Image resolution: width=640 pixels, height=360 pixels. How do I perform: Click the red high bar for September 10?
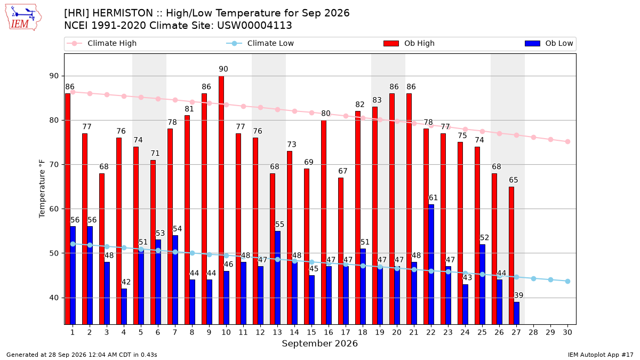point(221,201)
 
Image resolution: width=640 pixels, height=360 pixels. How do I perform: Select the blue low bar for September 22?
point(431,265)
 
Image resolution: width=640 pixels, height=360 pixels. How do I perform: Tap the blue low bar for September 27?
point(517,313)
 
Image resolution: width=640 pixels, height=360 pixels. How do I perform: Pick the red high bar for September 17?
point(341,251)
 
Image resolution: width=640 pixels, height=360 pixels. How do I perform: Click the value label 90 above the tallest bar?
point(223,69)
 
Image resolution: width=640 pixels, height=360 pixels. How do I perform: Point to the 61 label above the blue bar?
point(433,197)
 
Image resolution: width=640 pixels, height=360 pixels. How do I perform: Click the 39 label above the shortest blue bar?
point(518,295)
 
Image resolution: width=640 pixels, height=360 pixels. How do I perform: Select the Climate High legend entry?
point(102,43)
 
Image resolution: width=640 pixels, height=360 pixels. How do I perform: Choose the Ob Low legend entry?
point(549,43)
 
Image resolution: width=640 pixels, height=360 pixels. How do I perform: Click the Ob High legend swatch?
point(391,43)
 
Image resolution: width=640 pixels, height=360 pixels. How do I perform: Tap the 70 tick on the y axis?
point(54,165)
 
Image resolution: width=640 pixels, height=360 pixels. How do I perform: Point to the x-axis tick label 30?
point(567,332)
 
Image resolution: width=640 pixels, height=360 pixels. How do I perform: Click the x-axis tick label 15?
point(311,332)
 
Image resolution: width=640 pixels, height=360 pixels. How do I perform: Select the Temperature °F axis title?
point(42,189)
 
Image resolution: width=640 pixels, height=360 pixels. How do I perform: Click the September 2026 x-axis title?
point(319,343)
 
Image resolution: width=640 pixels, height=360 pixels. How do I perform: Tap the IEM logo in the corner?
point(23,18)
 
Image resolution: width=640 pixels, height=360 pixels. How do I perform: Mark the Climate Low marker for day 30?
point(567,281)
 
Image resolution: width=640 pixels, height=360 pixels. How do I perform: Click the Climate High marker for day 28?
point(533,138)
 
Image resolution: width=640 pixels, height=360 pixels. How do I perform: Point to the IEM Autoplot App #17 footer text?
point(601,355)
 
